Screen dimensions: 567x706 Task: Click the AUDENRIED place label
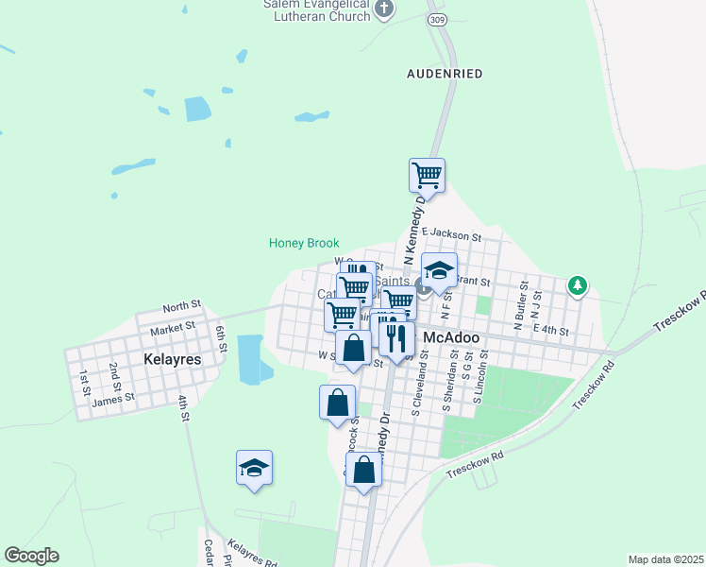(x=445, y=73)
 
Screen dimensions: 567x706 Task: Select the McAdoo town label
(x=452, y=337)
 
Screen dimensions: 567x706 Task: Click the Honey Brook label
(x=304, y=243)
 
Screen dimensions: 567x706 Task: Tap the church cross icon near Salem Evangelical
(x=384, y=9)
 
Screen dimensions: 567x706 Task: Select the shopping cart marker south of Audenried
(x=427, y=175)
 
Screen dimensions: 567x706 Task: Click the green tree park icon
(x=578, y=284)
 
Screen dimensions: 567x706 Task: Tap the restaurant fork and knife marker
(x=396, y=337)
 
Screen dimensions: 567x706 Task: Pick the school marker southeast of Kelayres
(x=253, y=468)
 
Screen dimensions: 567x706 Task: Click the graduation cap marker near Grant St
(x=439, y=271)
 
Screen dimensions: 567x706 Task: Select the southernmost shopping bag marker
(x=363, y=469)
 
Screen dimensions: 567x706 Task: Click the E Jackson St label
(x=452, y=232)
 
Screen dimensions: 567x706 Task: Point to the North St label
(x=182, y=306)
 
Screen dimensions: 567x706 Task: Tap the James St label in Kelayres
(x=113, y=400)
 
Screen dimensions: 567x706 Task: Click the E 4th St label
(x=551, y=330)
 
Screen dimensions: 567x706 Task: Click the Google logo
(x=31, y=556)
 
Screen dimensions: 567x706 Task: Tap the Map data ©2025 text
(x=666, y=559)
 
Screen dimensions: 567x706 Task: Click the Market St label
(x=172, y=327)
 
